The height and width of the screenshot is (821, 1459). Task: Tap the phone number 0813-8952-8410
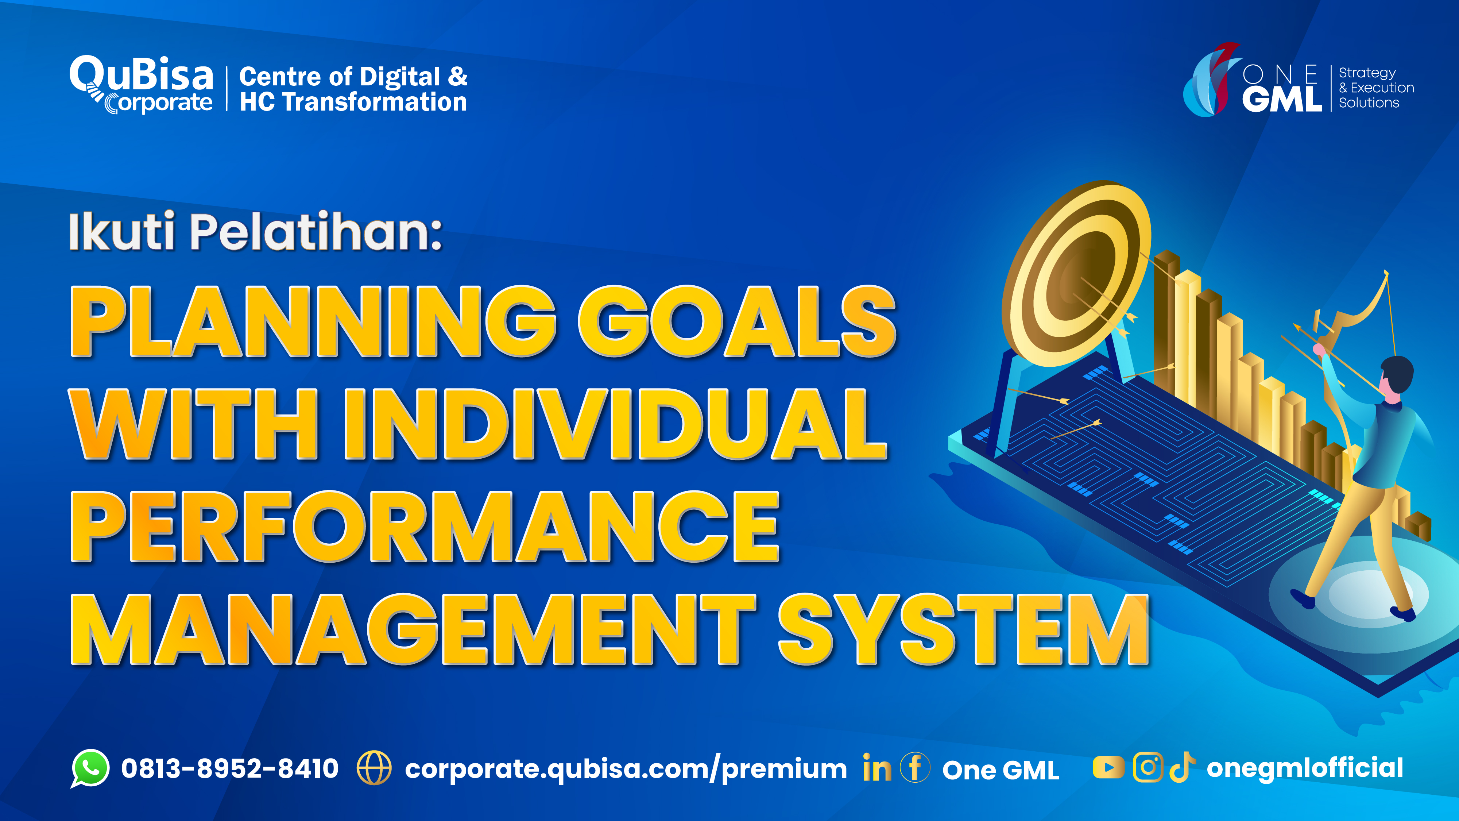click(x=230, y=769)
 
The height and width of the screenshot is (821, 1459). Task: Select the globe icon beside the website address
click(x=374, y=768)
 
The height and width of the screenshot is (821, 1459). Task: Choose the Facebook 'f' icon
click(x=915, y=768)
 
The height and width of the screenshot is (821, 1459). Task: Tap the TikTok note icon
click(x=1183, y=768)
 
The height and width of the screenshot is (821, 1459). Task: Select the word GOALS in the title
click(x=736, y=322)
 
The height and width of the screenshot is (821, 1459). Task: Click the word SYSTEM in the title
click(x=963, y=629)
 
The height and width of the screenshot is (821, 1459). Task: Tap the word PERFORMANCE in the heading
click(x=425, y=527)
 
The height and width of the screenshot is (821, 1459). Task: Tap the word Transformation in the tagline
click(x=374, y=103)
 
